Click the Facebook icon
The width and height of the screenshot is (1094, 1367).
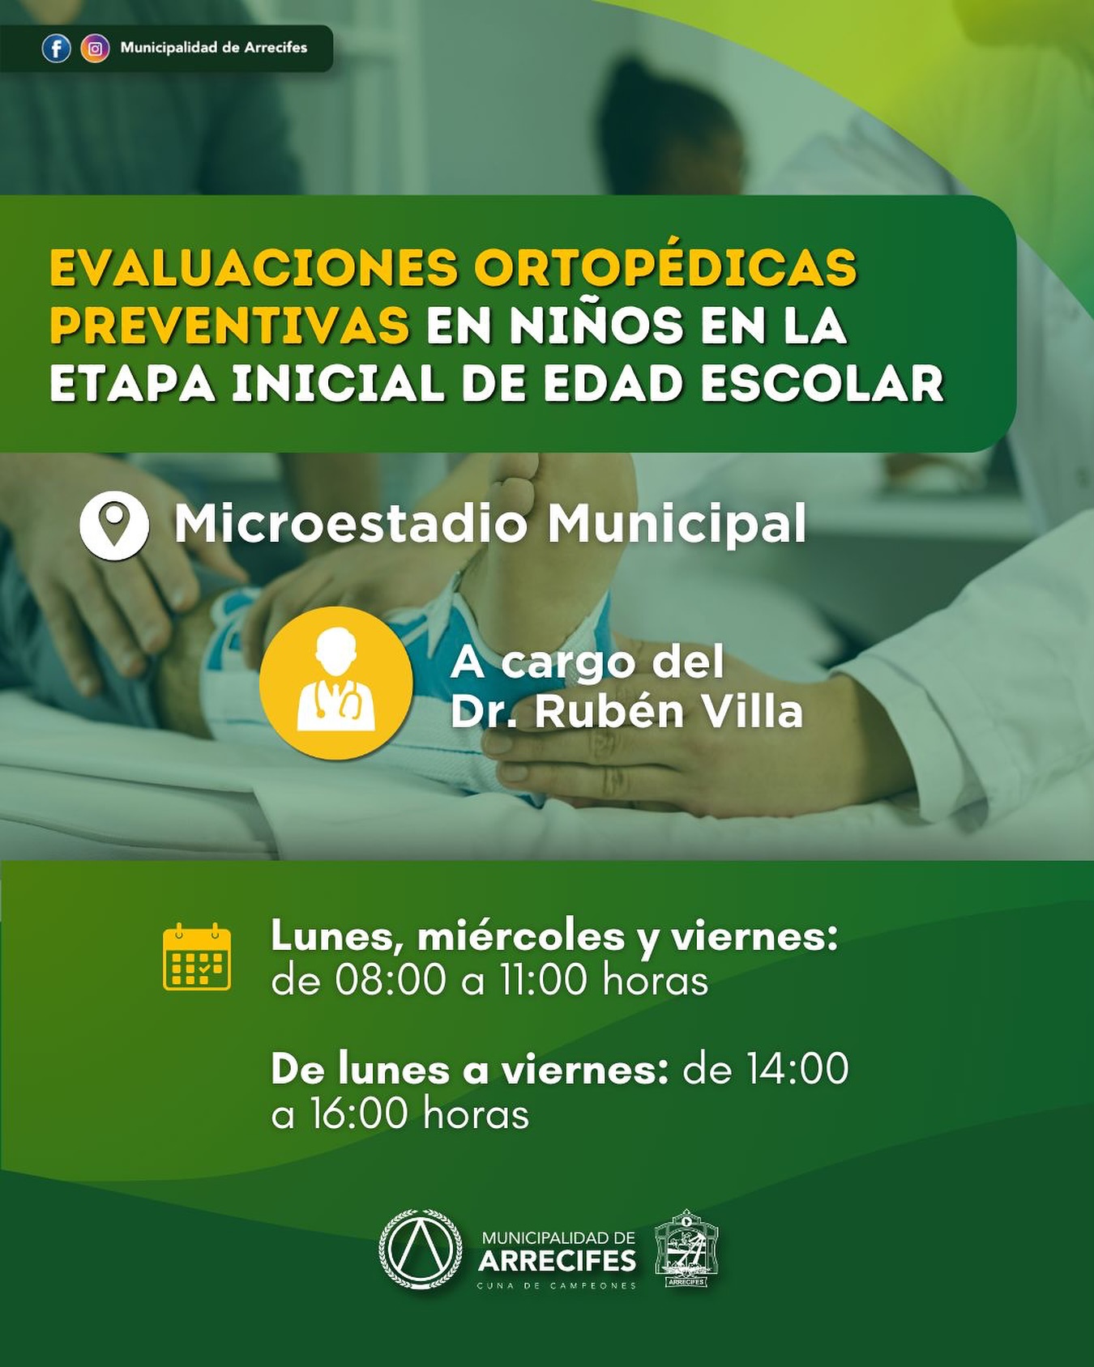pos(56,49)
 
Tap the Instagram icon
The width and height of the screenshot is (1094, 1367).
pos(95,49)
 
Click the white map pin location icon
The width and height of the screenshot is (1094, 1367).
pos(114,525)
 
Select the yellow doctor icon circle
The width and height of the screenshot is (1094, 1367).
pos(336,683)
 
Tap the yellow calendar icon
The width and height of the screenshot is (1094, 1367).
pos(197,956)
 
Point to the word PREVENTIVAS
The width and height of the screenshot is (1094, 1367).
pos(230,326)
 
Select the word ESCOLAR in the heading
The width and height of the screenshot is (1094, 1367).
pos(823,384)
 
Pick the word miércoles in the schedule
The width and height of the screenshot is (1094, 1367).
pos(521,936)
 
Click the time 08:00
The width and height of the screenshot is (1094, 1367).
pos(391,980)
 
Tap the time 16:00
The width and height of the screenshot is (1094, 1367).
pos(359,1114)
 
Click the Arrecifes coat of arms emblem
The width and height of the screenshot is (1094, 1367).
pos(686,1249)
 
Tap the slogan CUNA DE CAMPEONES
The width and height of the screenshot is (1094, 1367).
pos(557,1286)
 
